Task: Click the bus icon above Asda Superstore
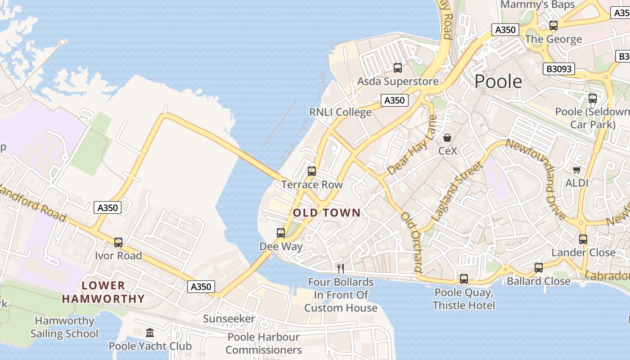(398, 68)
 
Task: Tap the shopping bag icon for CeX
(447, 138)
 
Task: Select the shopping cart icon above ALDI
(577, 170)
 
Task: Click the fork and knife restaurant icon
(341, 269)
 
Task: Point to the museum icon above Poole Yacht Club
(150, 333)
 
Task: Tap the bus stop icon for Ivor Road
(118, 243)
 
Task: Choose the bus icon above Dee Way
(281, 233)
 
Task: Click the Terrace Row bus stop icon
(312, 171)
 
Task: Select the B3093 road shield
(559, 69)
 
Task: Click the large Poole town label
(498, 81)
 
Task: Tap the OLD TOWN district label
(327, 213)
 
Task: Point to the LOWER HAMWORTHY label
(103, 292)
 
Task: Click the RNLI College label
(340, 112)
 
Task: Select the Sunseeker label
(229, 319)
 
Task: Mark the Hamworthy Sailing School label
(64, 327)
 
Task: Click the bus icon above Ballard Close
(539, 268)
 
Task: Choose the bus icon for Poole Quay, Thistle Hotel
(464, 279)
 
